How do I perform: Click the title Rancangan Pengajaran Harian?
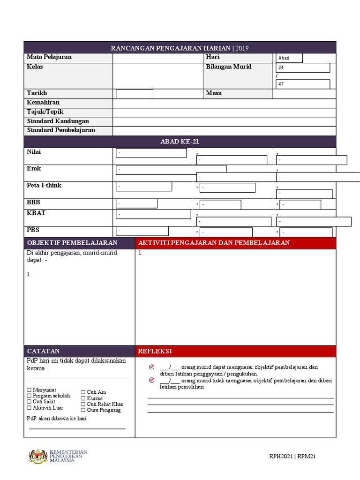point(180,48)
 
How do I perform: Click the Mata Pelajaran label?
point(49,57)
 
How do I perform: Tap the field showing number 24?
point(303,67)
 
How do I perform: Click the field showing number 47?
point(303,84)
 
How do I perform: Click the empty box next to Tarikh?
point(135,94)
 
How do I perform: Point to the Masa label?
point(214,93)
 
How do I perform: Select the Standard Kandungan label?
point(58,121)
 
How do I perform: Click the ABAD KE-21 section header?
point(180,142)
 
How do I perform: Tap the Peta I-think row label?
point(44,186)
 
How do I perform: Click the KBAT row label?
point(36,213)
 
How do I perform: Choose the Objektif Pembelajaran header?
point(72,243)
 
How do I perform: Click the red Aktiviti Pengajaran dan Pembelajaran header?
point(214,243)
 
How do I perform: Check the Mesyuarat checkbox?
point(29,390)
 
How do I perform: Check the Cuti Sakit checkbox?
point(29,402)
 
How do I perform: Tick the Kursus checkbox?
point(83,398)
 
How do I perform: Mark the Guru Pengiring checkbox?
point(83,410)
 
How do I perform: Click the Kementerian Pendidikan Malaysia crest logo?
point(38,456)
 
